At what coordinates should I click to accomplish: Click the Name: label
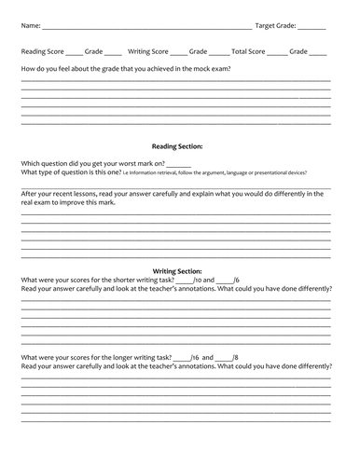[x=30, y=26]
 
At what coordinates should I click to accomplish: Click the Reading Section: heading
[x=177, y=146]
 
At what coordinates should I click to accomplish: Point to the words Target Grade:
[x=276, y=26]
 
